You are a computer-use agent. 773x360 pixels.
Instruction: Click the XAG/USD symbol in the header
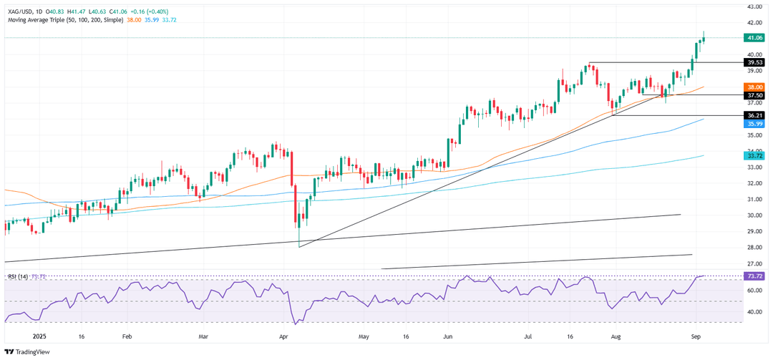point(20,11)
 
